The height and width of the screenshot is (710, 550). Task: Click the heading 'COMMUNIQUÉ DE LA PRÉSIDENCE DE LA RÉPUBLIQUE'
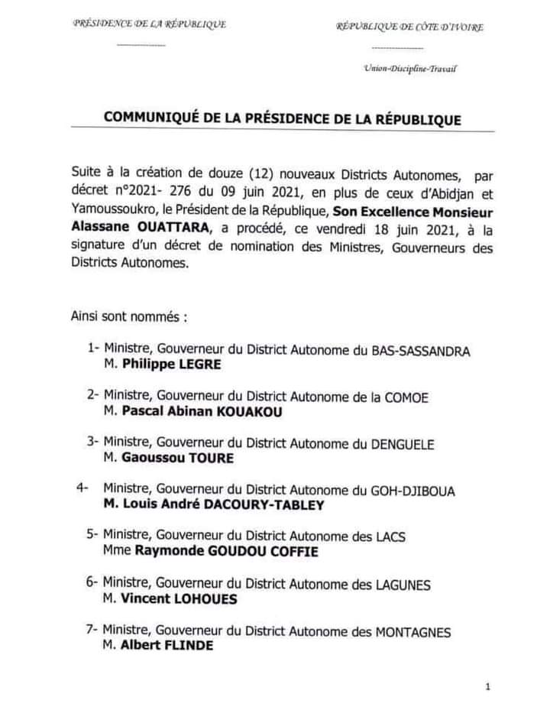tap(282, 119)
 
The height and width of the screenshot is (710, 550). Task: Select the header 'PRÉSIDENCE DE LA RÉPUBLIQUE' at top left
tap(149, 24)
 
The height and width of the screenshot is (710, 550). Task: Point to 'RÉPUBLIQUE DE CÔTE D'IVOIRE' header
tap(410, 28)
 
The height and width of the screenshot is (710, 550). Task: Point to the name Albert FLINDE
tap(164, 646)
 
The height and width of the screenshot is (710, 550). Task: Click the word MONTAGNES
tap(413, 632)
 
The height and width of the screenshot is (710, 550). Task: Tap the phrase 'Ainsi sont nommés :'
tap(128, 315)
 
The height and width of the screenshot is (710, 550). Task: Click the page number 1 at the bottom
tap(487, 687)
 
